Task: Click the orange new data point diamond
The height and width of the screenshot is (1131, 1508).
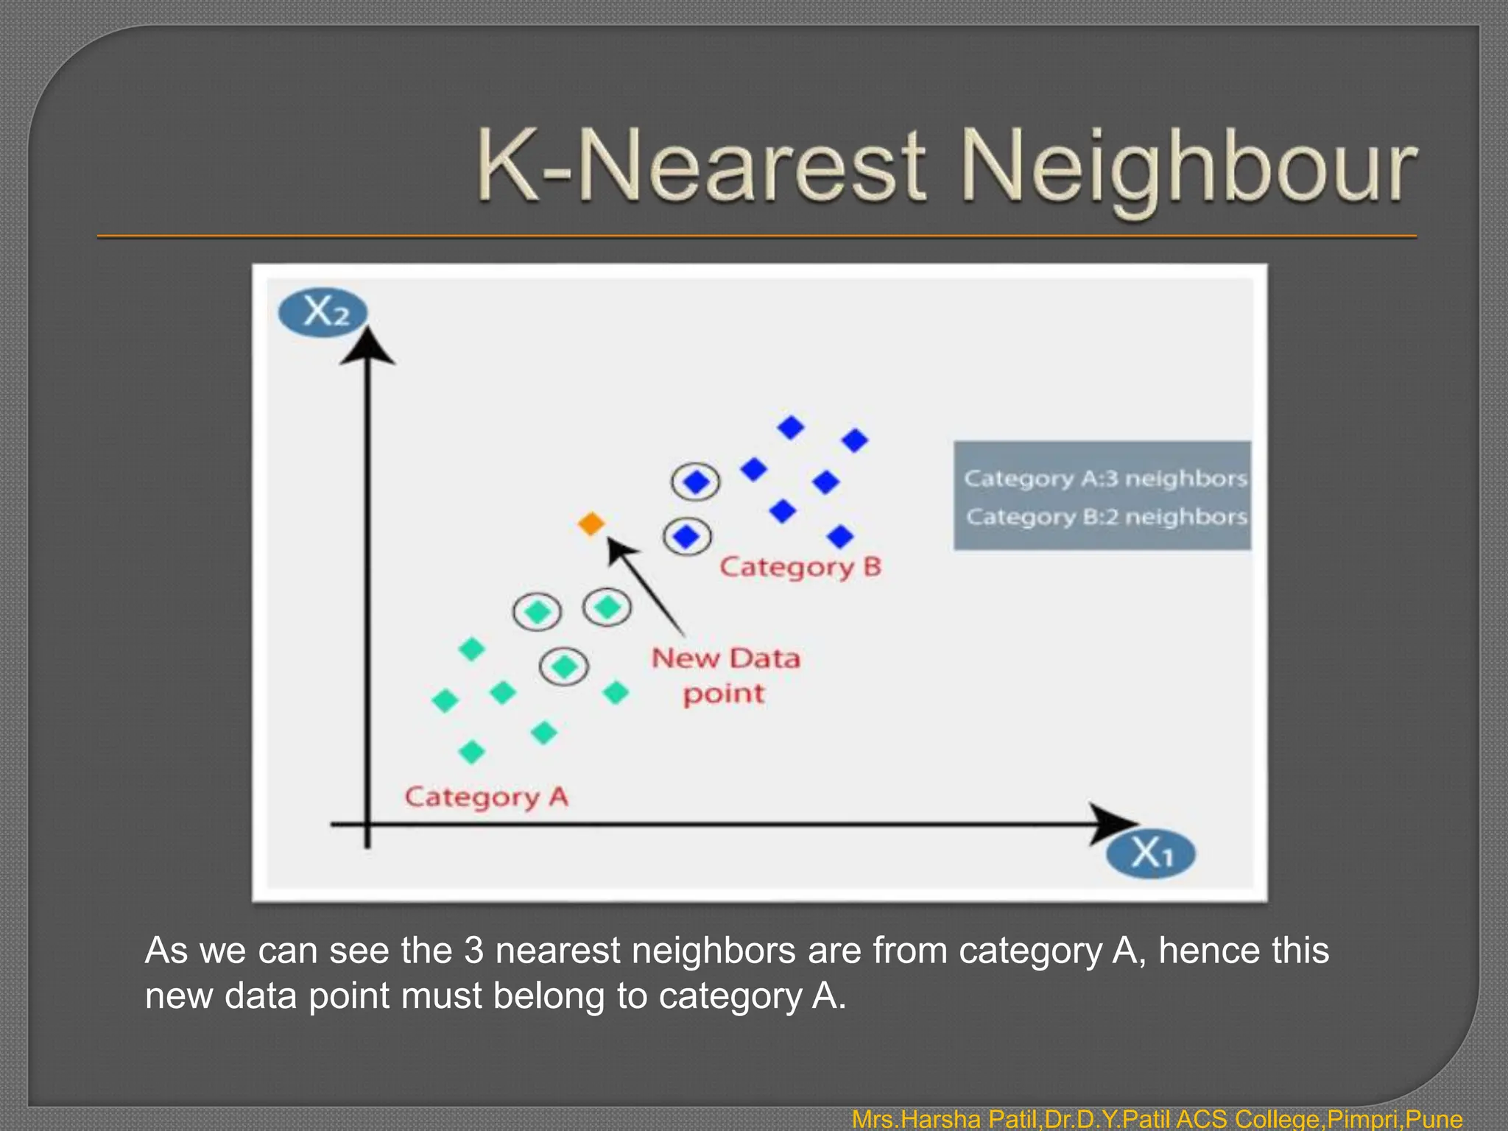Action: click(591, 524)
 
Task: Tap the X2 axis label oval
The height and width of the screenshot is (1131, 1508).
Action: click(323, 312)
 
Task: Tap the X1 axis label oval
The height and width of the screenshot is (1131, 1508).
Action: click(1151, 854)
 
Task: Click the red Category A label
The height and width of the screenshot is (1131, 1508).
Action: click(487, 797)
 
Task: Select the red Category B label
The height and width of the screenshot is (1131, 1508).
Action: click(800, 567)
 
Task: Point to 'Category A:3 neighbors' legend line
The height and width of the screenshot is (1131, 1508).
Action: click(1105, 479)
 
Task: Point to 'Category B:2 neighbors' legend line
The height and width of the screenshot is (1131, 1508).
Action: click(1106, 517)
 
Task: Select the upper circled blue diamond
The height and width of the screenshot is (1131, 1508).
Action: click(696, 482)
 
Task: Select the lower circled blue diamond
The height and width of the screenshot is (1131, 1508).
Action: click(687, 536)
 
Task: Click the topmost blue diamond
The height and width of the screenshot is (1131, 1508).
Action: click(791, 427)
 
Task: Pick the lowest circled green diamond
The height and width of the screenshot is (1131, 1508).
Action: click(564, 667)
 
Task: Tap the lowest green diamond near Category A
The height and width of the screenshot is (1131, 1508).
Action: click(471, 752)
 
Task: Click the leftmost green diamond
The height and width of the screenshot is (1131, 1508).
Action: click(445, 700)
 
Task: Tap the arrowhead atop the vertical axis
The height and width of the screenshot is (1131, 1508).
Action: click(367, 347)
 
